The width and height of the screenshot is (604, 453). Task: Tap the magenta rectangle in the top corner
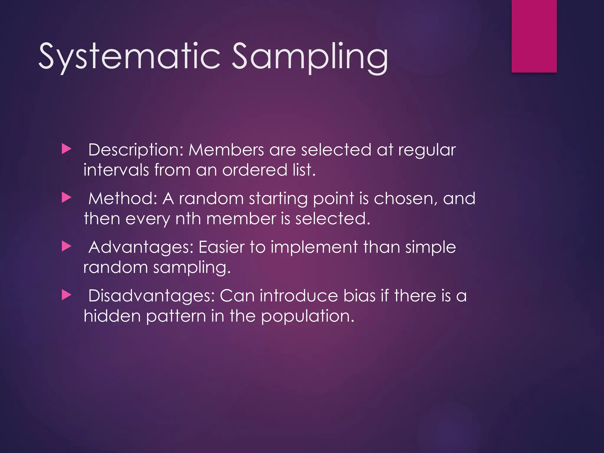(534, 36)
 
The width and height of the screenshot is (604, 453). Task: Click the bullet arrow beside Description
(67, 149)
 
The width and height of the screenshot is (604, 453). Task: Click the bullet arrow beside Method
(67, 198)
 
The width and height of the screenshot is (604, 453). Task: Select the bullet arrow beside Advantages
(67, 247)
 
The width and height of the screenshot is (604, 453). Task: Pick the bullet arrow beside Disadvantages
(67, 295)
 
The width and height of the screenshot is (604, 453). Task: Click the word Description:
(136, 150)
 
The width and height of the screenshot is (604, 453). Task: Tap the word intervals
(116, 170)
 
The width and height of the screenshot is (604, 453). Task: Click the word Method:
(123, 198)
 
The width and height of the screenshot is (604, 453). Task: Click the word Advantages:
(141, 247)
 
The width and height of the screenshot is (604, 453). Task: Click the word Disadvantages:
(151, 296)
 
